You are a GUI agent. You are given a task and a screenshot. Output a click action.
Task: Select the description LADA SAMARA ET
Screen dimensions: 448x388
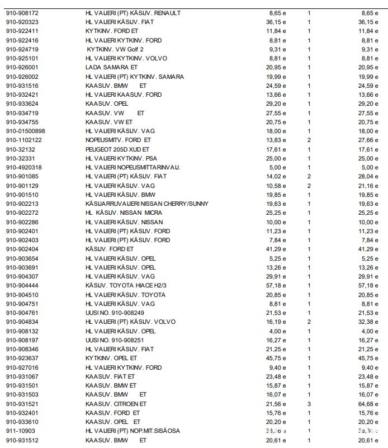coord(111,67)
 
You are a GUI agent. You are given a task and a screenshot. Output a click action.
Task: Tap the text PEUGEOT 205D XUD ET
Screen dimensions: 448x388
coord(117,149)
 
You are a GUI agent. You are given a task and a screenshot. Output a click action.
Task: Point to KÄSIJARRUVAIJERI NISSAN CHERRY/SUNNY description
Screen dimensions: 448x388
coord(146,204)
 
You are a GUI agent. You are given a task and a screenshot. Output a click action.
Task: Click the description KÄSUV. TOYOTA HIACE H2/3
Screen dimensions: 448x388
coord(125,285)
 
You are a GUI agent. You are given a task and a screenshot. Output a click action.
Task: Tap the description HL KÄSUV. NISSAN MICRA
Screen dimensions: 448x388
coord(124,213)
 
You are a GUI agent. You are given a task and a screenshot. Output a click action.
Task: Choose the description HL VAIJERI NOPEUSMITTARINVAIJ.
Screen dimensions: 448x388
coord(133,167)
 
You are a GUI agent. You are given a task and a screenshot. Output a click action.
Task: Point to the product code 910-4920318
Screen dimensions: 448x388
coord(23,167)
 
